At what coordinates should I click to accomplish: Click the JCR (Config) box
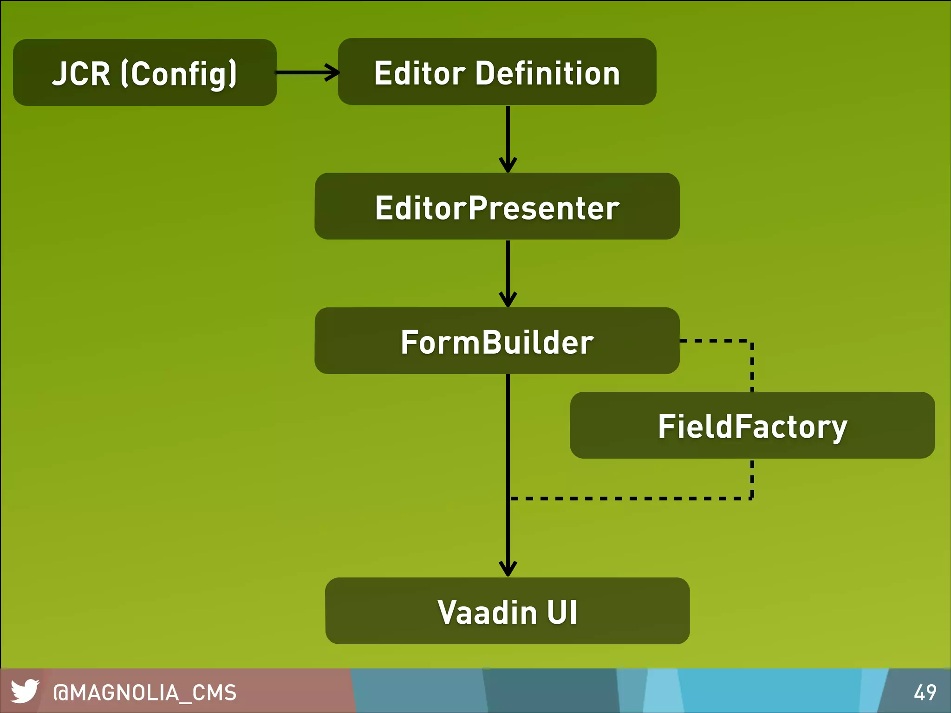click(144, 72)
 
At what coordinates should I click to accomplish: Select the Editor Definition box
click(497, 71)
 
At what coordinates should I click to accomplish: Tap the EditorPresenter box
click(497, 206)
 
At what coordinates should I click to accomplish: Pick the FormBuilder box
click(497, 341)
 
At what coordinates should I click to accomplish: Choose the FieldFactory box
click(752, 425)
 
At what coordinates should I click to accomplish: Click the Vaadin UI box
click(507, 611)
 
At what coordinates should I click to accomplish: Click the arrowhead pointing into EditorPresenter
click(508, 165)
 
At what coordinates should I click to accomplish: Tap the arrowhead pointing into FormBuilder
click(508, 300)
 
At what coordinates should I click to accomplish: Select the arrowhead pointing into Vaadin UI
click(508, 569)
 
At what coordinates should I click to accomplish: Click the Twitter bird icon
click(25, 691)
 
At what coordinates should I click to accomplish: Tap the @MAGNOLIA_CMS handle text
click(145, 693)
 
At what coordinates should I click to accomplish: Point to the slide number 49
click(925, 693)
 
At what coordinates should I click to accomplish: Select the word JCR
click(81, 73)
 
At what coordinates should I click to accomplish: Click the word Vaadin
click(487, 612)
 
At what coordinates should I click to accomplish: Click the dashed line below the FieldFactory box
click(632, 499)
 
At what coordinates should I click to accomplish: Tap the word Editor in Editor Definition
click(420, 73)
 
